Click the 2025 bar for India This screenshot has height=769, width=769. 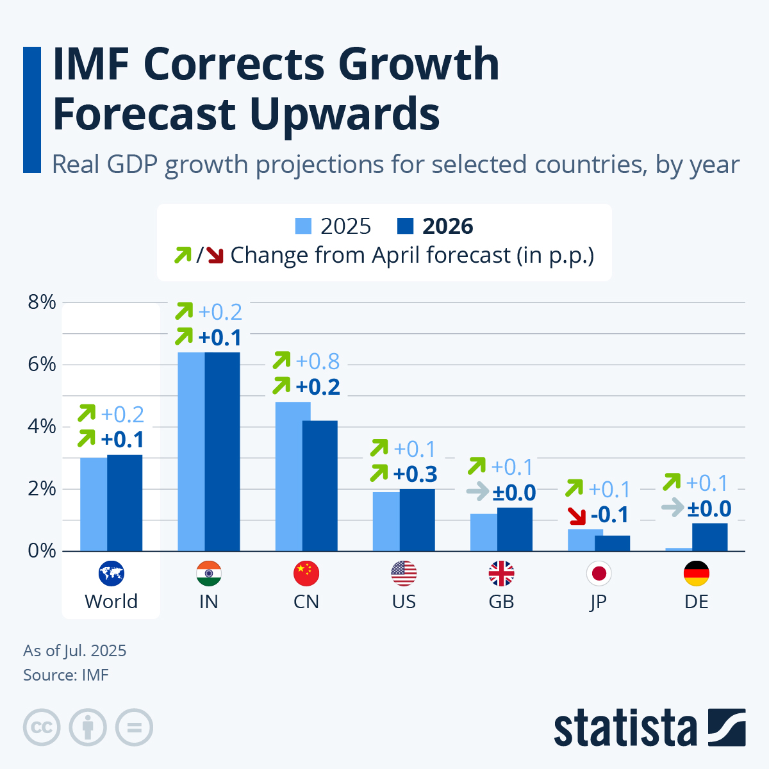[x=191, y=452]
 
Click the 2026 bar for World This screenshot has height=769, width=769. [x=124, y=503]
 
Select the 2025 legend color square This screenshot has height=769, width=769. [x=303, y=226]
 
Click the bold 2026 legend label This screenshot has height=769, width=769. [x=447, y=226]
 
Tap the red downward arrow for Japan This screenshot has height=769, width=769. [x=577, y=515]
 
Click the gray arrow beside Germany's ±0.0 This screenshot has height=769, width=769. [x=672, y=509]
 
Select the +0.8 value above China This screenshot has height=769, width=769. [x=317, y=361]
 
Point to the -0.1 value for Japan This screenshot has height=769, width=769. [x=609, y=515]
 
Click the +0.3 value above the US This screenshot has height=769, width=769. [x=415, y=474]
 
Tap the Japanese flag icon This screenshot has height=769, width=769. [x=599, y=573]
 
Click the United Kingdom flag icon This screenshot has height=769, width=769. [x=501, y=573]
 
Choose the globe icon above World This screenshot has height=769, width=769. [x=111, y=573]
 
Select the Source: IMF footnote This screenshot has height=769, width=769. [x=66, y=675]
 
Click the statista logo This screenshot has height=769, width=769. [x=649, y=728]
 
